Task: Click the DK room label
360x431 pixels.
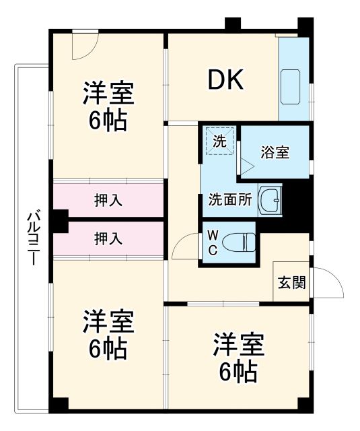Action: [225, 81]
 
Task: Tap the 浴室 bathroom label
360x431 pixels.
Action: [275, 152]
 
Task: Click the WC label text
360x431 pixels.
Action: [212, 242]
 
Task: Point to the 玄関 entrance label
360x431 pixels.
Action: [292, 281]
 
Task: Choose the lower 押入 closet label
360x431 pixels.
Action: [108, 238]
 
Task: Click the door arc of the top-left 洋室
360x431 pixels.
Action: [85, 44]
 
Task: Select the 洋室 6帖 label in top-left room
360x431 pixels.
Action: [108, 106]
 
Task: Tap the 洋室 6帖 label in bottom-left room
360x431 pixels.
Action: [108, 335]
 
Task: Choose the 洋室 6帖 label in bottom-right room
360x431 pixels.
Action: [239, 357]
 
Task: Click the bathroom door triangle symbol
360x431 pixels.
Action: [248, 166]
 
